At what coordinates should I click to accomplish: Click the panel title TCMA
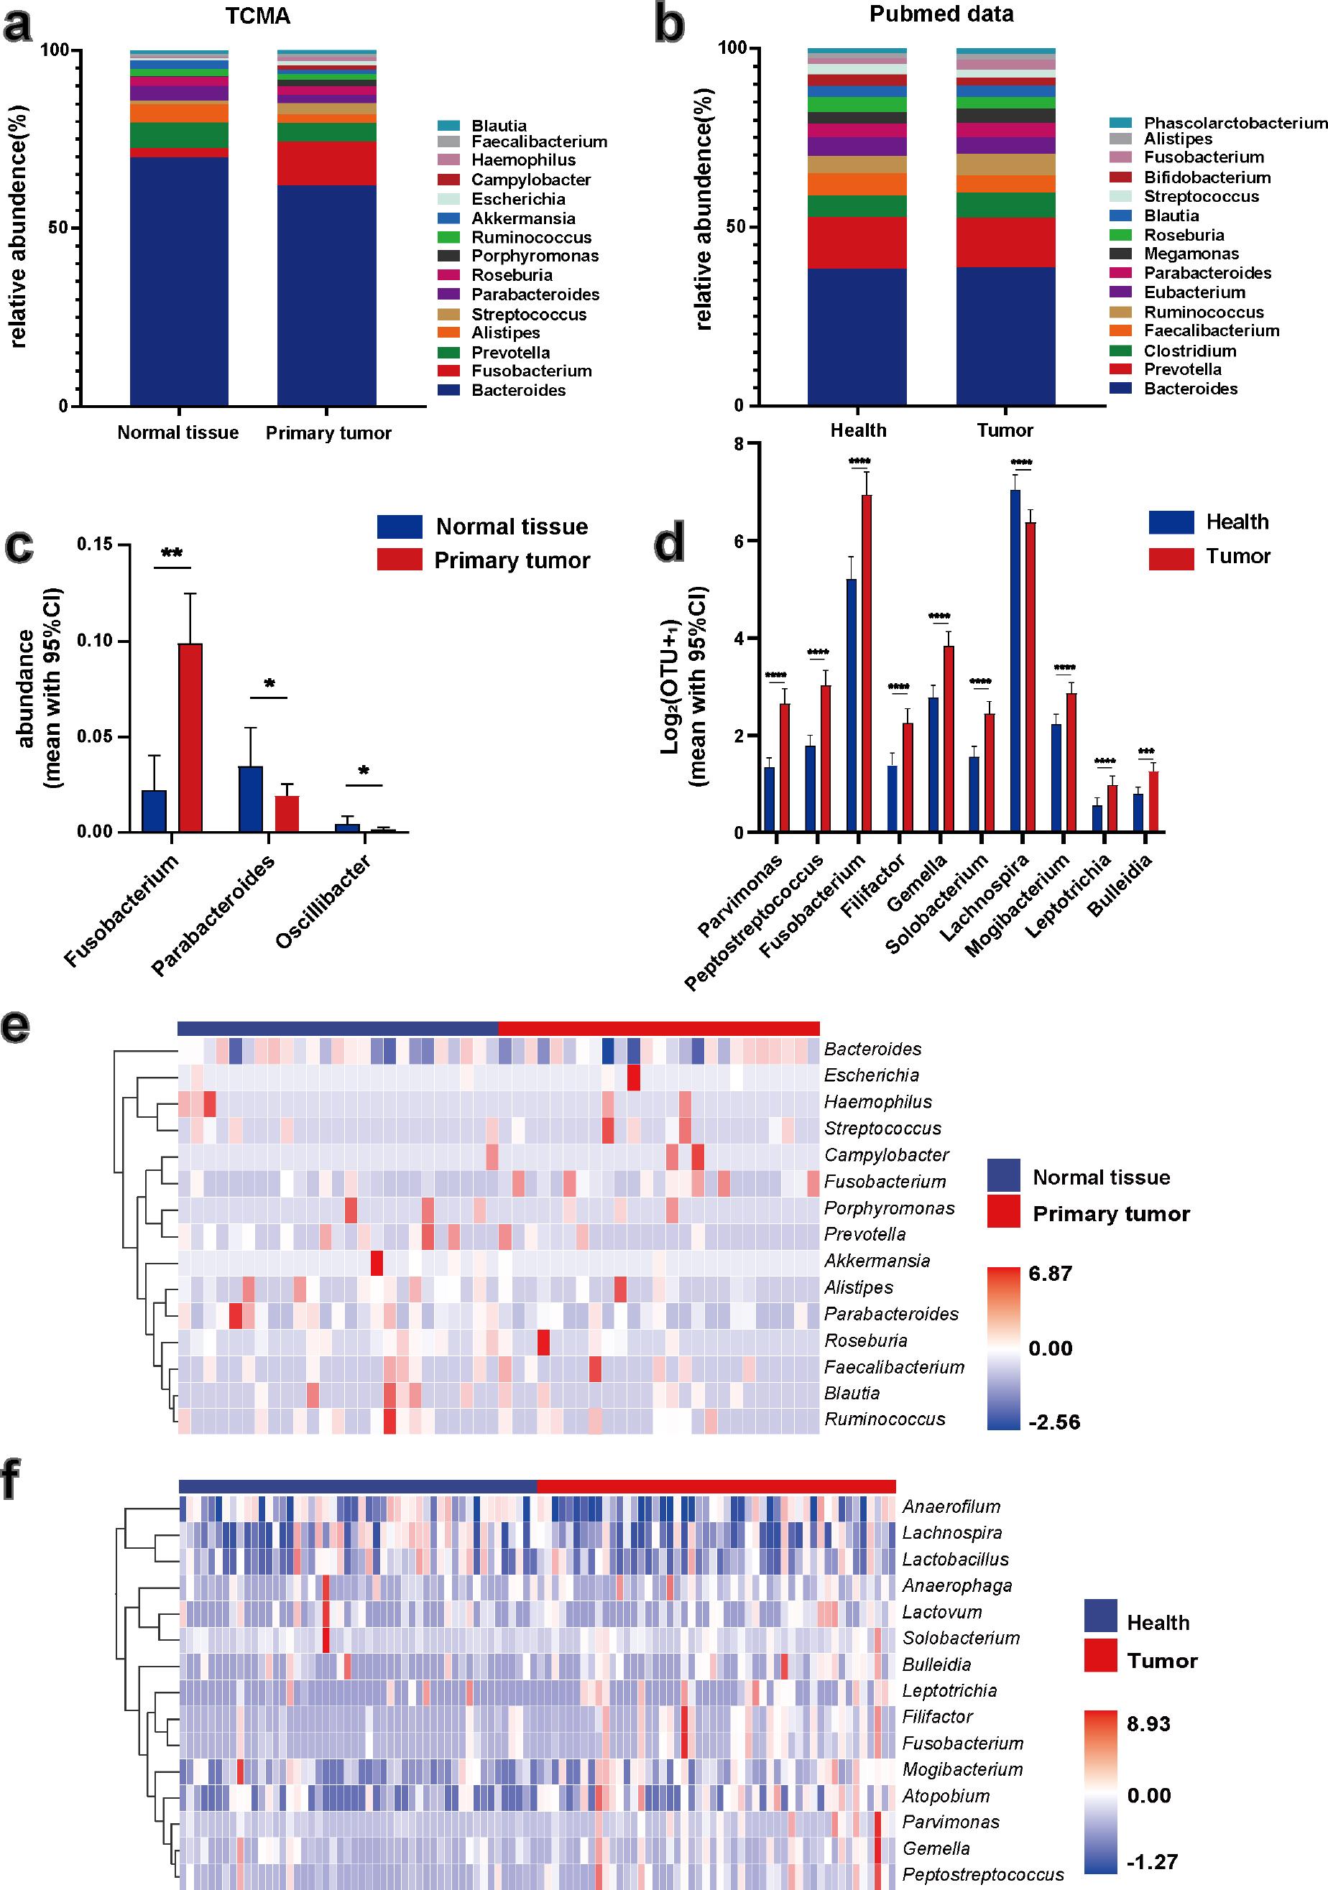(x=258, y=17)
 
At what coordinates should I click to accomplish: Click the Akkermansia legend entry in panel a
(x=523, y=218)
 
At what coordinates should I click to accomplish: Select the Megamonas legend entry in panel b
(x=1191, y=254)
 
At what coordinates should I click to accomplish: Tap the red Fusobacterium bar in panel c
(x=190, y=737)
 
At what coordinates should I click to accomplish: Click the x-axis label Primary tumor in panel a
(x=328, y=433)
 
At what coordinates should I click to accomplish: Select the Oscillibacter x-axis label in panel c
(x=323, y=902)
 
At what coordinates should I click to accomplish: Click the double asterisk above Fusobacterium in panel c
(x=172, y=554)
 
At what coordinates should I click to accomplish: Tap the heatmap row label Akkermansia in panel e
(x=877, y=1260)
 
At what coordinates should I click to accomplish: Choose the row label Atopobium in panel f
(x=945, y=1795)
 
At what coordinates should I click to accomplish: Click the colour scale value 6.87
(x=1050, y=1274)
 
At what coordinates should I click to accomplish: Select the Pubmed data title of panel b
(x=941, y=14)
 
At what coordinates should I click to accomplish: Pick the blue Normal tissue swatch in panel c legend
(x=400, y=527)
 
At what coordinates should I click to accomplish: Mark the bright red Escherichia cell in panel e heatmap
(x=633, y=1076)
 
